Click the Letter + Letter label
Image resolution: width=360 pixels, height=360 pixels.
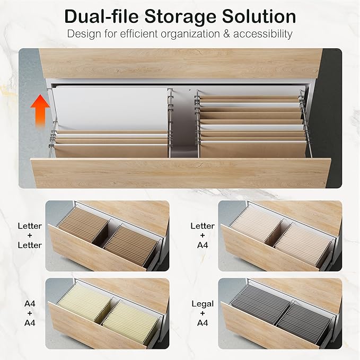[x=29, y=235]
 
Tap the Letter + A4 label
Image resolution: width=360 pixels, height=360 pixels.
[x=203, y=235]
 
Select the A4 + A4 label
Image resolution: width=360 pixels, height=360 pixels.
[x=30, y=313]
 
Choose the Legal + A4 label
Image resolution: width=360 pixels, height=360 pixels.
[x=203, y=313]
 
